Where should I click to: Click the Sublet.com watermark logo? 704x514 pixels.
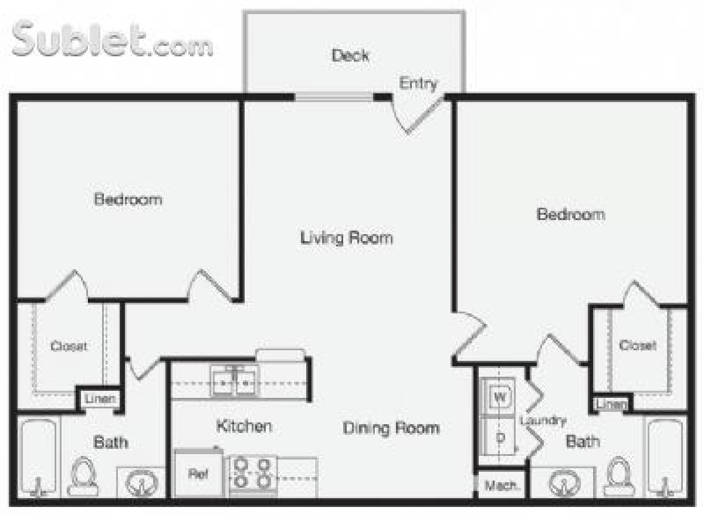tap(111, 40)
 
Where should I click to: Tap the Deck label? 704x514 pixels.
tap(350, 56)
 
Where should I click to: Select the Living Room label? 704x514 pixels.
tap(346, 238)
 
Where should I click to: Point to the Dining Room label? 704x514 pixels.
tap(391, 428)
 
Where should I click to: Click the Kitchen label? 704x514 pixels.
tap(243, 425)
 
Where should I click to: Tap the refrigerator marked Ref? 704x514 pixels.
tap(198, 474)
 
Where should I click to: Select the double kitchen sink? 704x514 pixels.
tap(234, 381)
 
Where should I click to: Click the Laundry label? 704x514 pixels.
tap(543, 421)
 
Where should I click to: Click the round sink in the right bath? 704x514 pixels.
tap(564, 483)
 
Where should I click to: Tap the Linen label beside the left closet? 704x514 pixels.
tap(100, 400)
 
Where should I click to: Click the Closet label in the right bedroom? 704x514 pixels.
tap(637, 346)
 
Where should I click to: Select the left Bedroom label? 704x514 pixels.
tap(128, 199)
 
